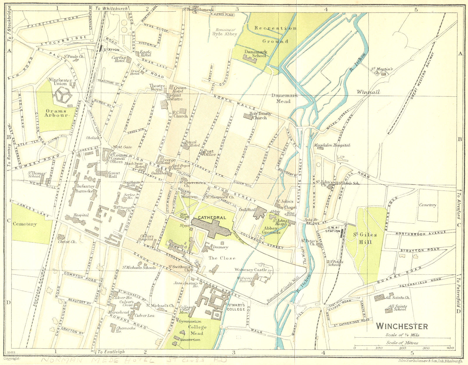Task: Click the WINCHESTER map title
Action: click(x=402, y=326)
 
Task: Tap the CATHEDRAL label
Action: click(x=212, y=218)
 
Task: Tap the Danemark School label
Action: click(x=255, y=53)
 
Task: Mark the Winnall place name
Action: click(x=368, y=92)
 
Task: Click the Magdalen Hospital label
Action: click(x=332, y=145)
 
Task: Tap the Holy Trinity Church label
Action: click(x=260, y=115)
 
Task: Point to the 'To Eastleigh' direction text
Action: click(x=111, y=352)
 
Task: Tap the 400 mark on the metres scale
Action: click(x=450, y=348)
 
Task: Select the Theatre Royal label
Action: click(x=156, y=87)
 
